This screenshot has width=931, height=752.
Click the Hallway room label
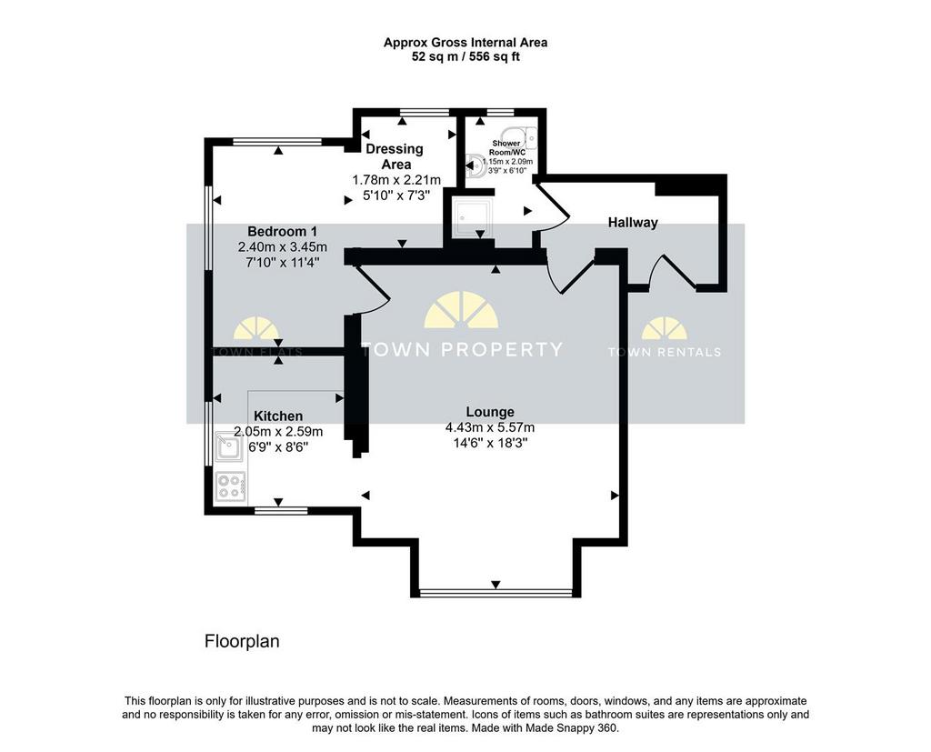633,223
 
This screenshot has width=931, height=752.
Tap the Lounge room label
490,412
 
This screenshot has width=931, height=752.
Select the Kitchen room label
278,416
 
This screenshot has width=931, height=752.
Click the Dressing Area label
395,156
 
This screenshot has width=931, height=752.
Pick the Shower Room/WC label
506,147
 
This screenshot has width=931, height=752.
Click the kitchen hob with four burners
232,486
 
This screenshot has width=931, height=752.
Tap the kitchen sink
230,447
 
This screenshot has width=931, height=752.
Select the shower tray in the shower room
473,216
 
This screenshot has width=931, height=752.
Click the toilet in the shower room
475,167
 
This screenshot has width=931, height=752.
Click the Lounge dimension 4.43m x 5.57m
490,427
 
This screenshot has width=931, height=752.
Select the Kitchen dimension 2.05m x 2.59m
278,431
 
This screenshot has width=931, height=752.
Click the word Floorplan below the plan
242,641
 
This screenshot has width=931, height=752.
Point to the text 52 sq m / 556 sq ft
465,57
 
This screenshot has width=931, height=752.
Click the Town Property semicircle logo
461,310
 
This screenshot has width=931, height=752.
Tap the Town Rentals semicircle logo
665,328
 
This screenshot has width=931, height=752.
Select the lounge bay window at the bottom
496,592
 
